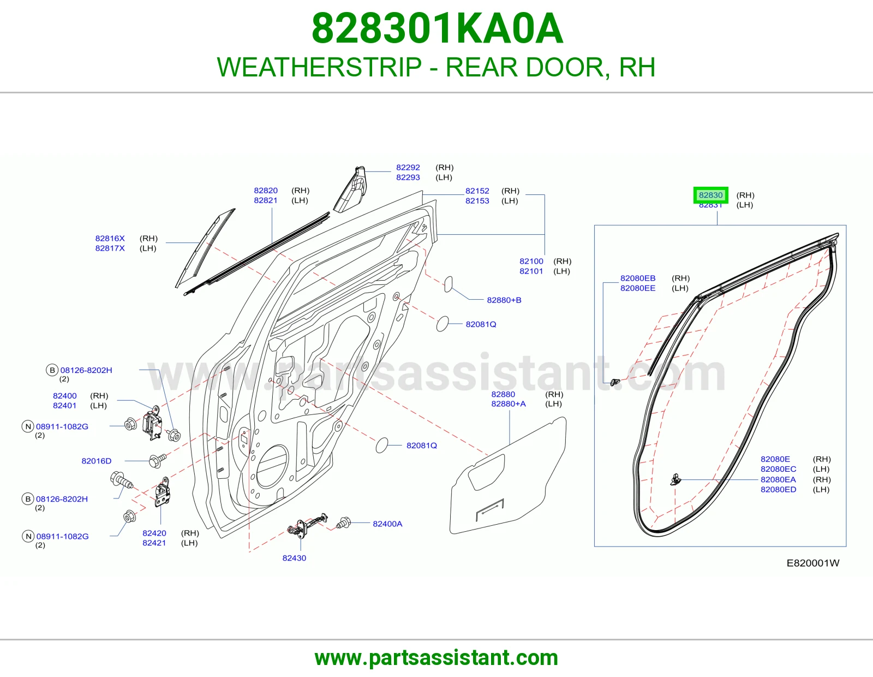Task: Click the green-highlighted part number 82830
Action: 710,195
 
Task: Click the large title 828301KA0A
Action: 437,28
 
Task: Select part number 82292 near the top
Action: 408,167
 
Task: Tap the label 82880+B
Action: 504,300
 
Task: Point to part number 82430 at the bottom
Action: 294,558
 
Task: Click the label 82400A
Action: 387,524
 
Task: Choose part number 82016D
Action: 97,461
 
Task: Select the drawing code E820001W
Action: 813,563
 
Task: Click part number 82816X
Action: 110,239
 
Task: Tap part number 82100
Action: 531,262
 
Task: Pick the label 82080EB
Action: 638,278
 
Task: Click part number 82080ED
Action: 778,490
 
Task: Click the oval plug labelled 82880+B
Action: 448,284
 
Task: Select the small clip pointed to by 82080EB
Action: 615,382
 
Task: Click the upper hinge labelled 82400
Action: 152,423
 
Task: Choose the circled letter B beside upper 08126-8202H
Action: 52,370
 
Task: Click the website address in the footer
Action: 436,658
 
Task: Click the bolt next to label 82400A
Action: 344,523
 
